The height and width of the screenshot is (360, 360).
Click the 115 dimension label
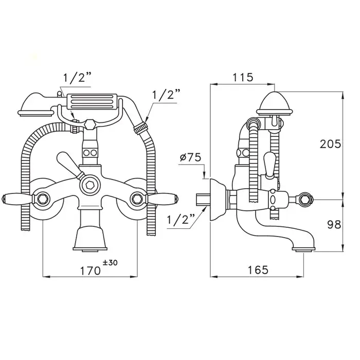click(243, 77)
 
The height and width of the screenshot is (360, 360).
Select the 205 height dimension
click(330, 144)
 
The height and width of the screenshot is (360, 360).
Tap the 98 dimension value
click(334, 225)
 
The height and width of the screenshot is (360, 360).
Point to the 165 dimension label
click(258, 270)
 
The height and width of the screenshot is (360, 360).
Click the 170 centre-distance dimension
click(90, 271)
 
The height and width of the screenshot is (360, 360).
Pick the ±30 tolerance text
click(110, 263)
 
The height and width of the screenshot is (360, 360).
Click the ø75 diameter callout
click(190, 157)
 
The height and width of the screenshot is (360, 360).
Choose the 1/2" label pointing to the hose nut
click(166, 94)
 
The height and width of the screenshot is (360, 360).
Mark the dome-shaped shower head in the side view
click(275, 103)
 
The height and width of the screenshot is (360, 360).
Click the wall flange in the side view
click(217, 199)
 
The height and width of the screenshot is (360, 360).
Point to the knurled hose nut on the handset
click(140, 128)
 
